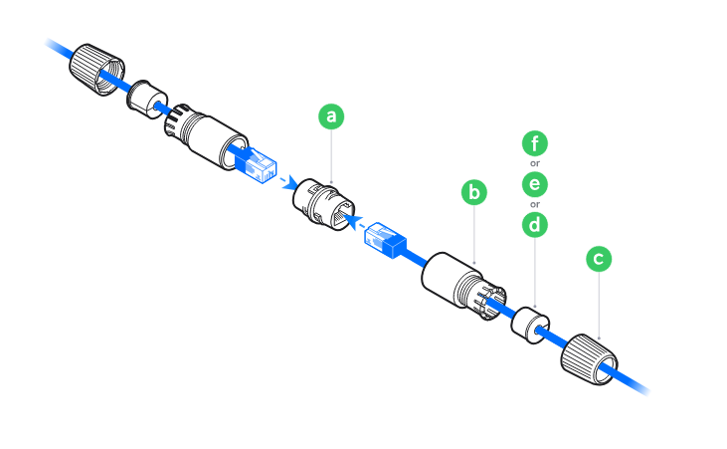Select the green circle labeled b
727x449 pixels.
[x=475, y=191]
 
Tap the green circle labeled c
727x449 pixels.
[x=598, y=259]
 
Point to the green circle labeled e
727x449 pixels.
[x=536, y=184]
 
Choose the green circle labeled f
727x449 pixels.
[x=536, y=143]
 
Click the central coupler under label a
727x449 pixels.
[x=324, y=206]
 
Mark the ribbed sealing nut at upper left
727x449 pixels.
[x=92, y=68]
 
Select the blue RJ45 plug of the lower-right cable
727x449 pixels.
[x=386, y=240]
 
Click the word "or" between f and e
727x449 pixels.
[x=535, y=164]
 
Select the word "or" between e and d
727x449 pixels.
[x=535, y=205]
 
